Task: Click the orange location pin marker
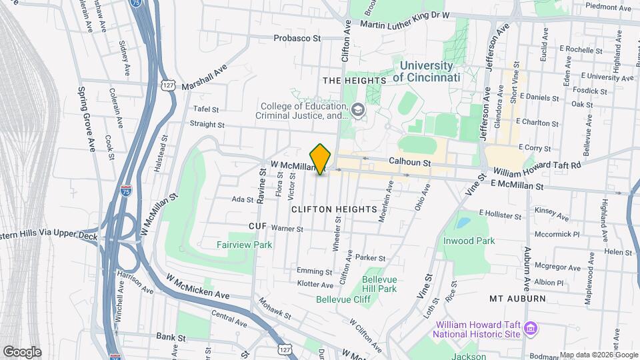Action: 321,159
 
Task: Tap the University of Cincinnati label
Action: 427,72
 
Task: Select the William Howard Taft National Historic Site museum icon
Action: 531,329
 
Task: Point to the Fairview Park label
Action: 244,245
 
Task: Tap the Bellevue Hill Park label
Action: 379,284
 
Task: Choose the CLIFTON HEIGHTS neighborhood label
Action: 334,209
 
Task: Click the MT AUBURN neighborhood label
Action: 517,298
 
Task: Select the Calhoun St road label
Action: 411,161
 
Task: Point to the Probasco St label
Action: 298,38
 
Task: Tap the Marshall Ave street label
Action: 204,76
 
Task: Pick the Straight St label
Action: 207,124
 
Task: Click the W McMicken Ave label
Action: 199,286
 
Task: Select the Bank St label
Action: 171,338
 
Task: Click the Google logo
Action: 21,352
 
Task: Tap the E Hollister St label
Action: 499,215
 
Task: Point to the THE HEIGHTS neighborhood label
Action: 354,81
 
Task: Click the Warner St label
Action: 287,229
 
